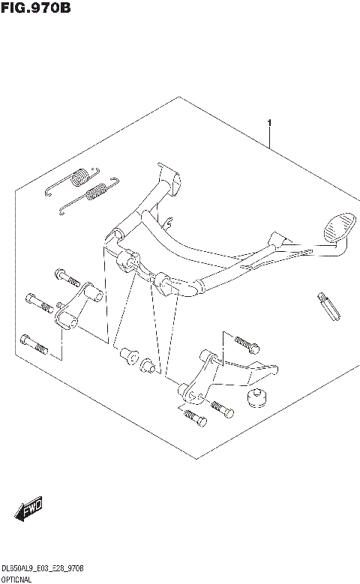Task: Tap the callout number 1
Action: pyautogui.click(x=268, y=122)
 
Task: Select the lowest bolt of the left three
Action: pyautogui.click(x=34, y=344)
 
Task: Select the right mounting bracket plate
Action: pyautogui.click(x=225, y=372)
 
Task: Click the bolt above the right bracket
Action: pyautogui.click(x=244, y=345)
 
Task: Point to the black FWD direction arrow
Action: pyautogui.click(x=28, y=511)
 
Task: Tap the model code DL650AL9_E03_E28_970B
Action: pyautogui.click(x=42, y=569)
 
